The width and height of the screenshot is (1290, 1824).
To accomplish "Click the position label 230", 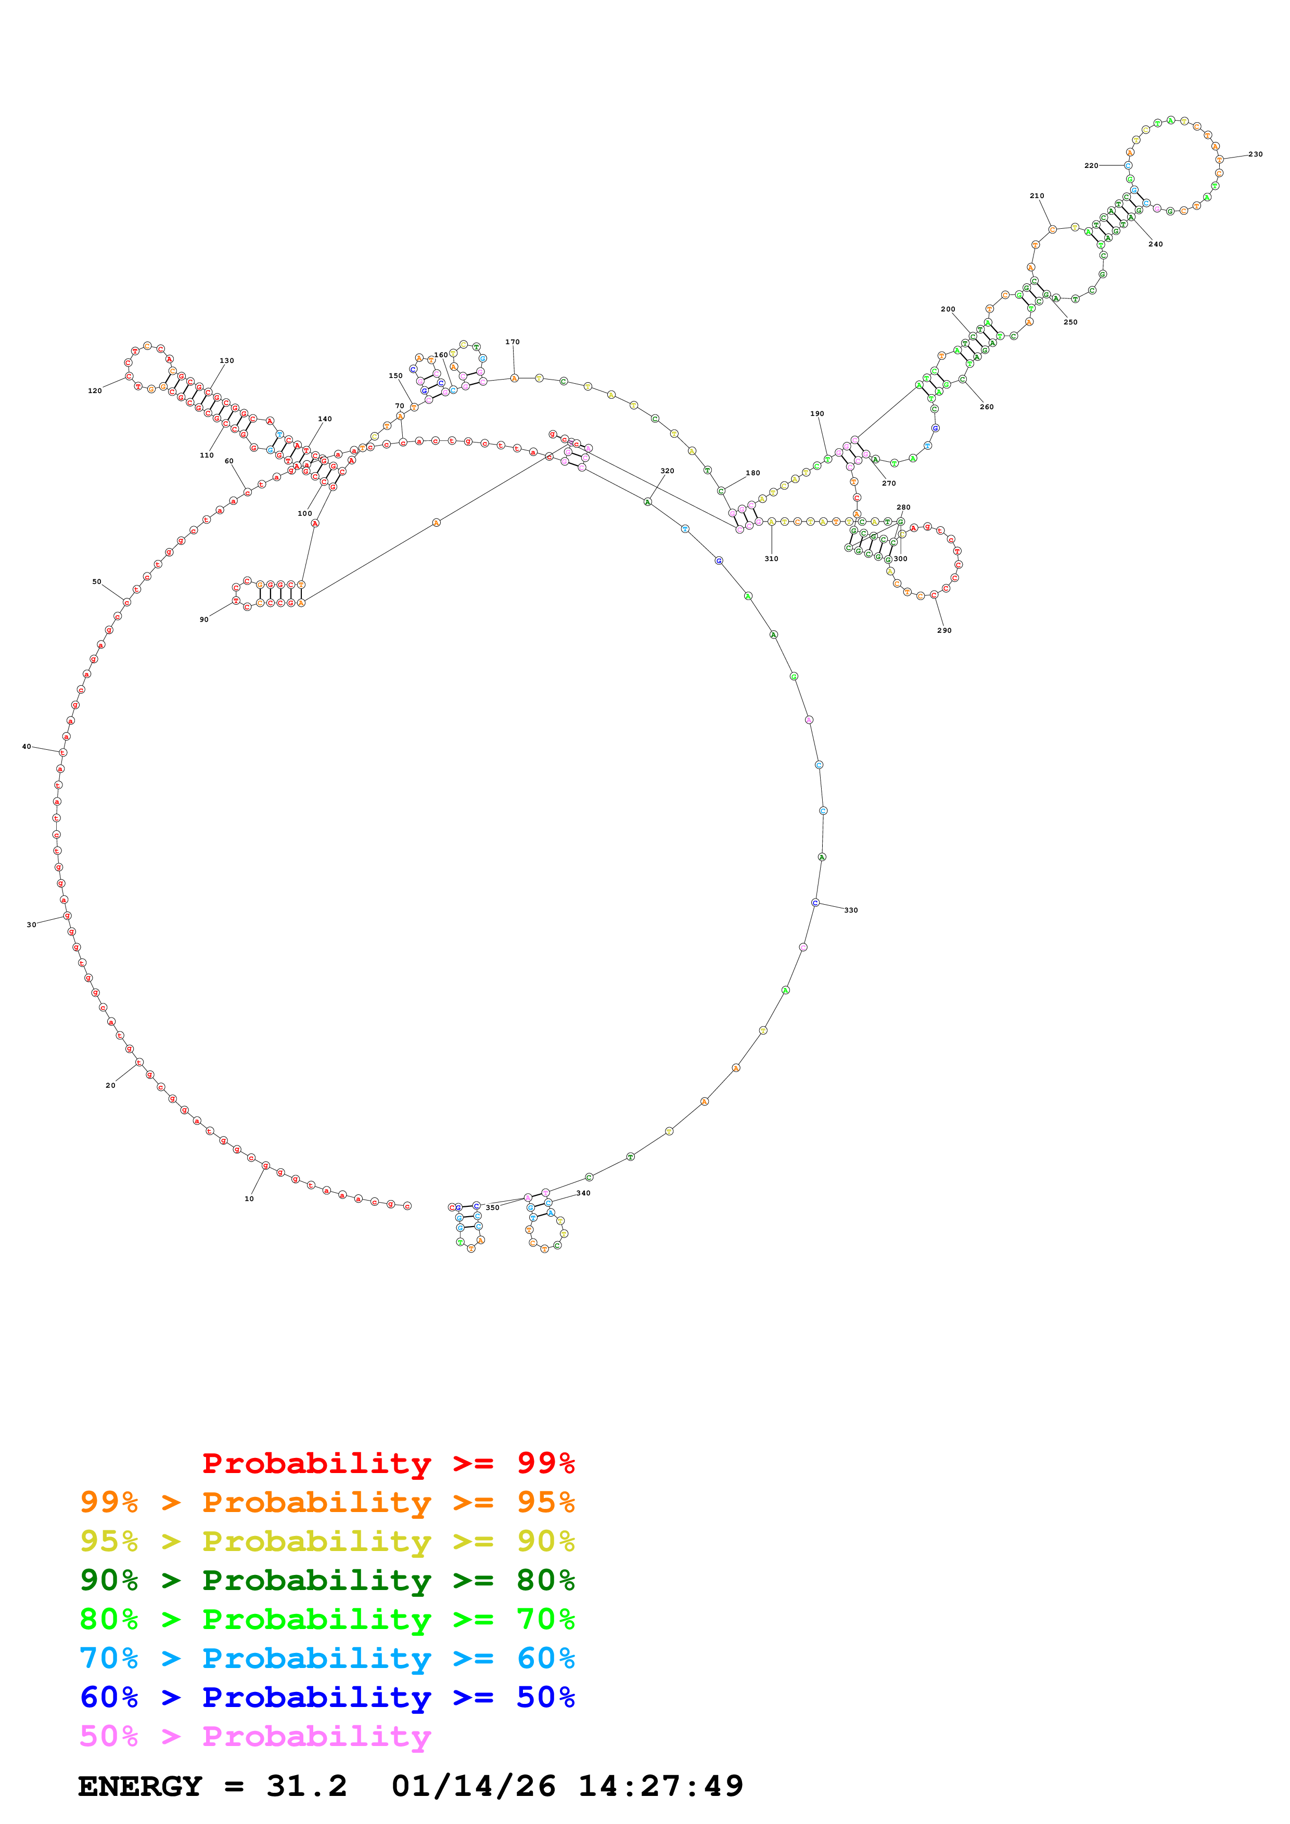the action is tap(1255, 154).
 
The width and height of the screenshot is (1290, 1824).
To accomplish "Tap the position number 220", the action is tap(1091, 166).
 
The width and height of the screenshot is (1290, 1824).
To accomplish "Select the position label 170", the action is tap(512, 343).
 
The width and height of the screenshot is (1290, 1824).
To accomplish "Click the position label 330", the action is tap(850, 910).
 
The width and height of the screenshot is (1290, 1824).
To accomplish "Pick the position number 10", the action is tap(249, 1199).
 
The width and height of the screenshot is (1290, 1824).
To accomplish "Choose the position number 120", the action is tap(95, 391).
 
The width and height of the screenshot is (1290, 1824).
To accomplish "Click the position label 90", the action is tap(205, 620).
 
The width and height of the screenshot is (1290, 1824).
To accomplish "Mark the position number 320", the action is tap(667, 471).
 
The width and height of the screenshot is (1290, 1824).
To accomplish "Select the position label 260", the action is tap(987, 407).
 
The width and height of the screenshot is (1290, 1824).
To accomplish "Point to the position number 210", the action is tap(1037, 196).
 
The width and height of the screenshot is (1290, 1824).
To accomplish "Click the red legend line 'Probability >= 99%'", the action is tap(388, 1463).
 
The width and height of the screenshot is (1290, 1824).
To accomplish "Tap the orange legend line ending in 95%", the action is tap(327, 1502).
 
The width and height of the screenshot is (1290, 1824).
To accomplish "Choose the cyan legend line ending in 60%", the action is tap(327, 1658).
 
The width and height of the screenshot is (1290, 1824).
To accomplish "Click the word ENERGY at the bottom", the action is tap(140, 1787).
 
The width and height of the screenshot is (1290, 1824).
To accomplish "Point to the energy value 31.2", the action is tap(307, 1787).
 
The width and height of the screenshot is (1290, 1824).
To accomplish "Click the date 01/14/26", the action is tap(473, 1787).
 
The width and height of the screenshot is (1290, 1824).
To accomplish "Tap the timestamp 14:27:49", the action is tap(660, 1787).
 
